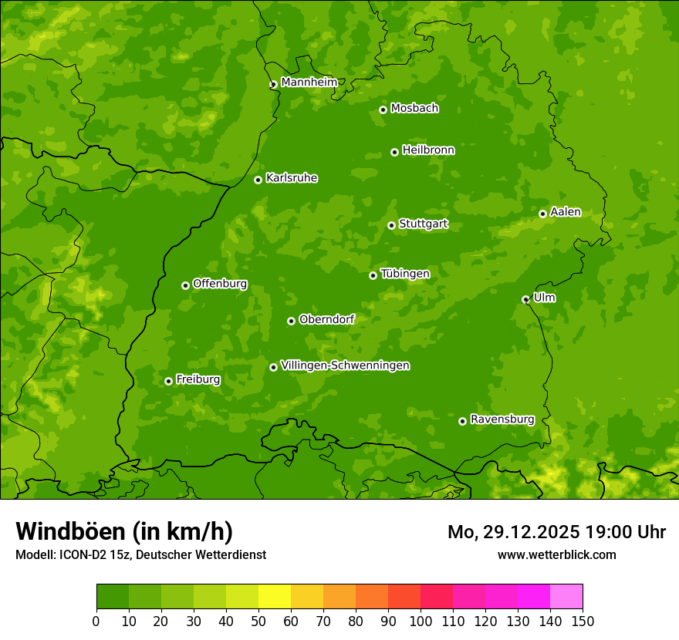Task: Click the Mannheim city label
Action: pos(309,83)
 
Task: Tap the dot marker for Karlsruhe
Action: pos(258,180)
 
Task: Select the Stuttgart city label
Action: pos(423,224)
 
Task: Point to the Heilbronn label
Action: pos(428,150)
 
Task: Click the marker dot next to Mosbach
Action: pos(383,109)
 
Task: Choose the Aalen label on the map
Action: pos(566,212)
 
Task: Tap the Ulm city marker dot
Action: pos(525,299)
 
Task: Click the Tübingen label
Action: pos(405,274)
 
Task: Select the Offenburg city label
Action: pos(220,284)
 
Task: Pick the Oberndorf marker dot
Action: pos(291,321)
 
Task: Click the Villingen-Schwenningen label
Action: pos(345,365)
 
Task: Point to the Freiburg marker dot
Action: pos(168,381)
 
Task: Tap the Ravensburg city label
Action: pos(502,419)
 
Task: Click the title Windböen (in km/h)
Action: pos(124,531)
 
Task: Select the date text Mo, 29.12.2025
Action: pos(512,532)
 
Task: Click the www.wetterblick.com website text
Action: pos(556,554)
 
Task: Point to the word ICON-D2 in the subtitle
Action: pos(79,555)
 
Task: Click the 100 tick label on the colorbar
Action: pos(421,621)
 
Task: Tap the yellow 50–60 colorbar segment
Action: pos(275,597)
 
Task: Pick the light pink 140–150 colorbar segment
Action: pos(566,597)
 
